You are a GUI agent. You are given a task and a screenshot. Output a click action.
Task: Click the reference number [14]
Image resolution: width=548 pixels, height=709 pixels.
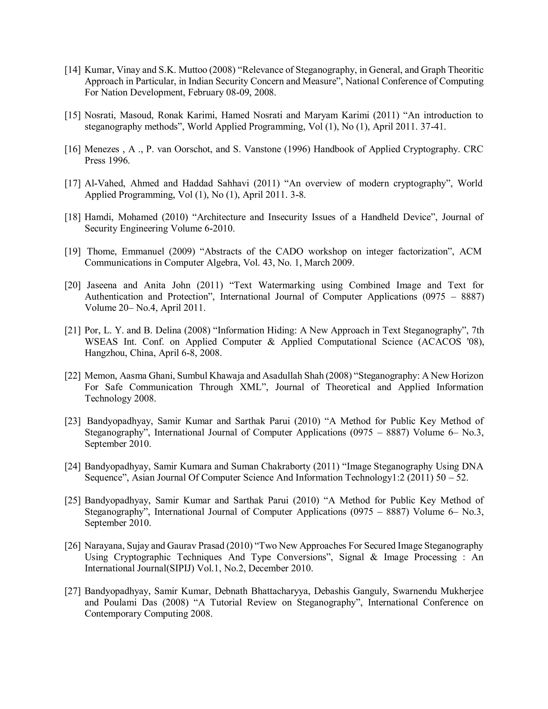point(73,70)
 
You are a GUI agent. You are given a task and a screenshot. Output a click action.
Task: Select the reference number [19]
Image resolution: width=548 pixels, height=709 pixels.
point(73,251)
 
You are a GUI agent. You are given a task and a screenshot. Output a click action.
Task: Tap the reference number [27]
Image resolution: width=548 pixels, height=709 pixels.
point(73,591)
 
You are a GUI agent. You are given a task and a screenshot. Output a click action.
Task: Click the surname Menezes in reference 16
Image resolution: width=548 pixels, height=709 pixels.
point(102,149)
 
